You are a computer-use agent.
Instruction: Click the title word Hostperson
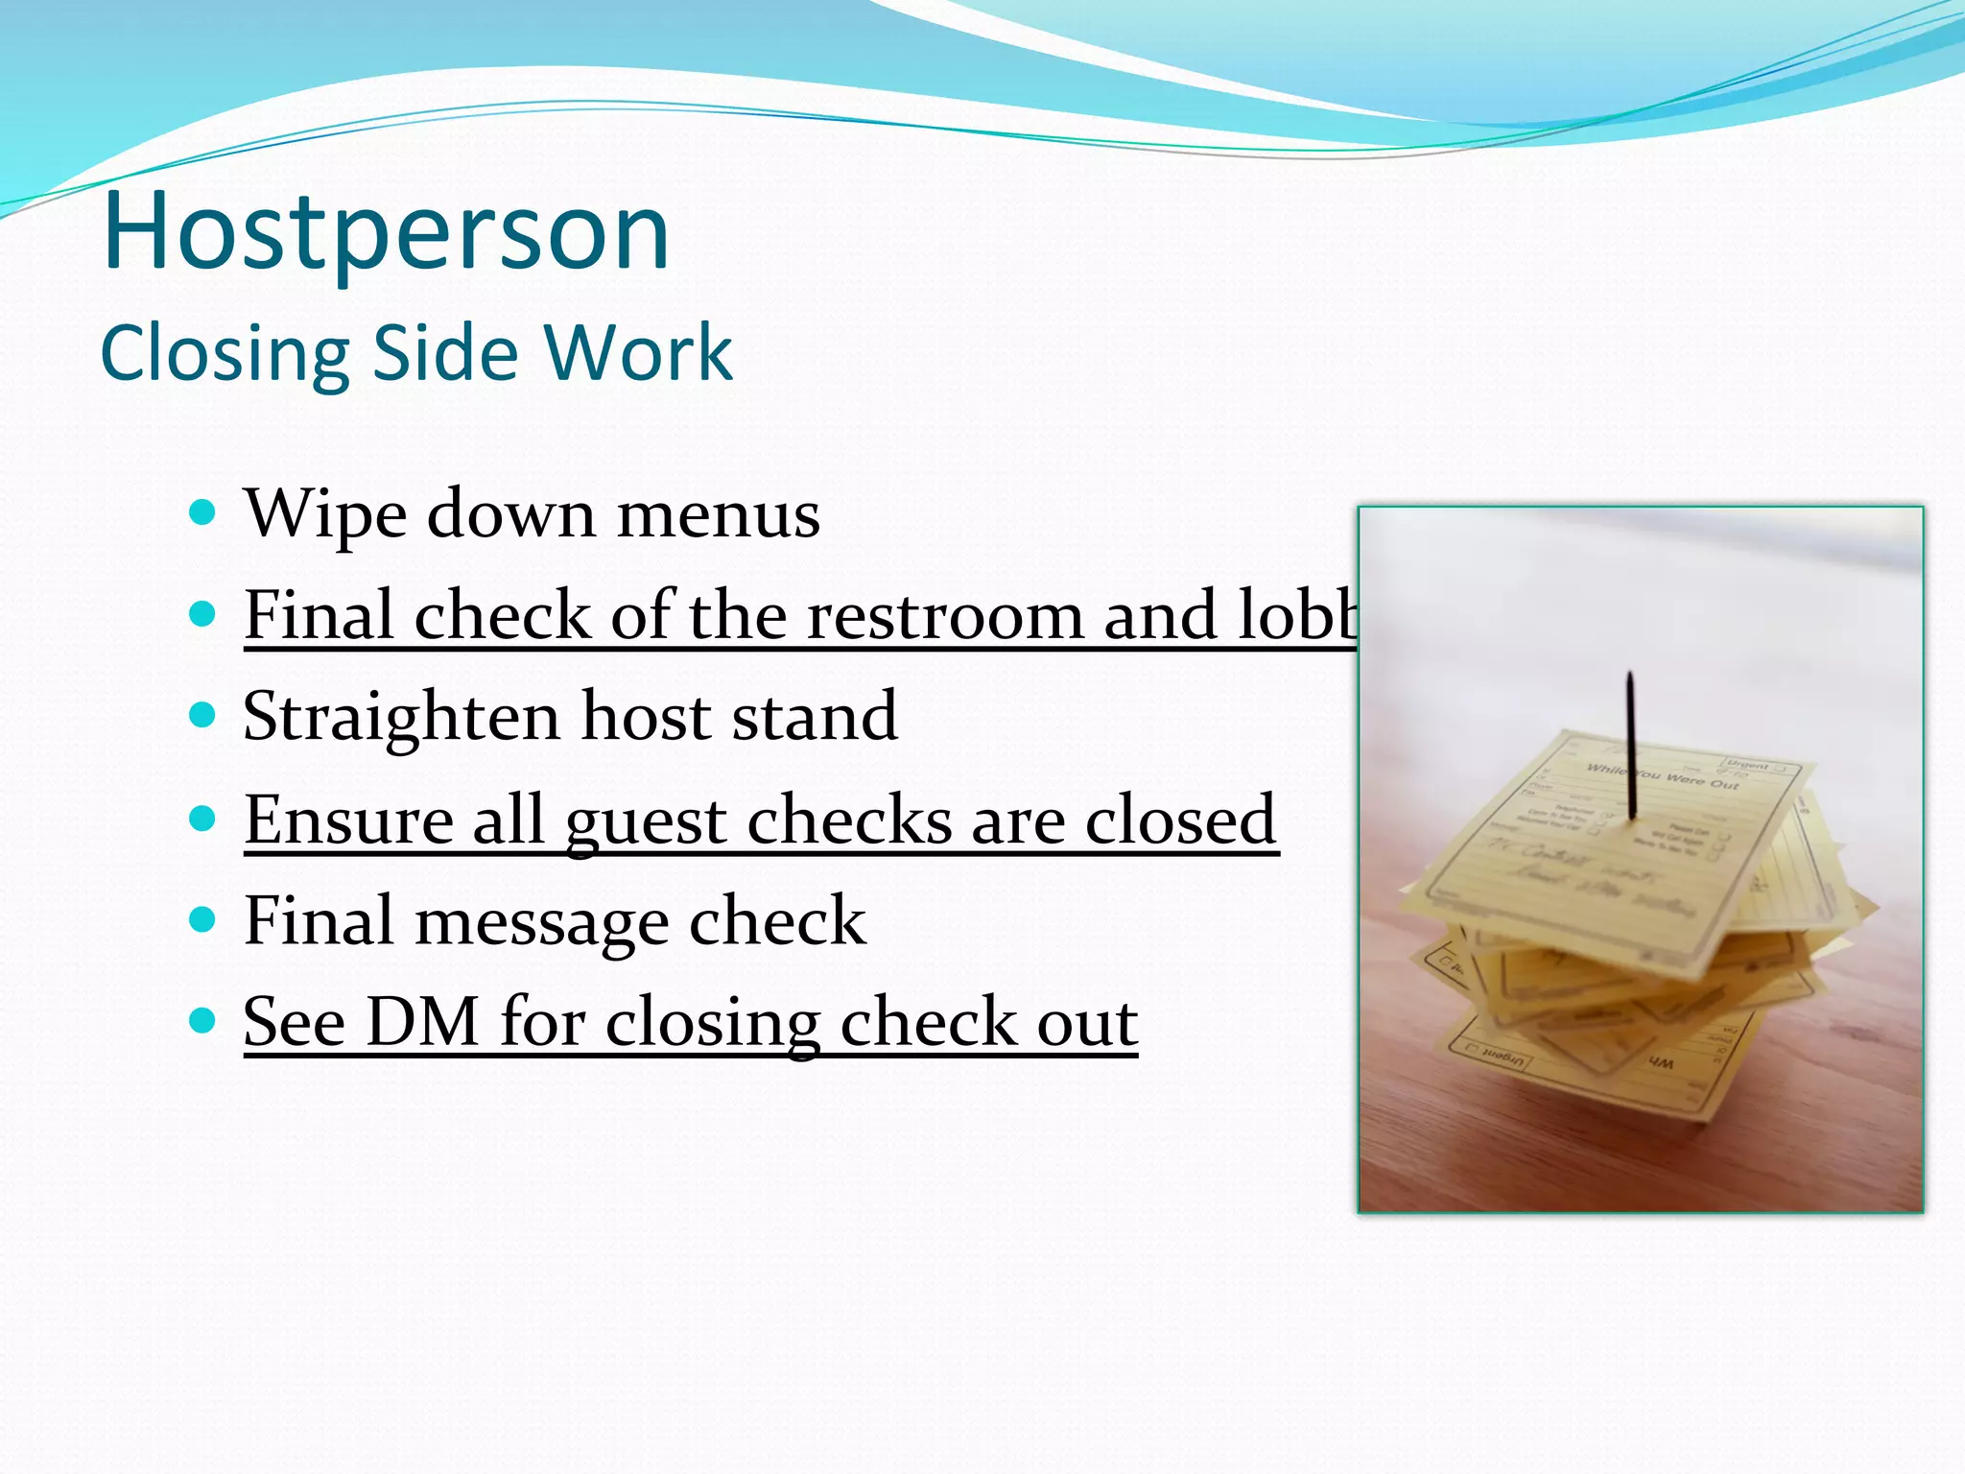click(x=386, y=232)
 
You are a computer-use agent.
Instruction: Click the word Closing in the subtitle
click(x=225, y=354)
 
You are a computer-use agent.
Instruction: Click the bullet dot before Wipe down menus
click(x=202, y=512)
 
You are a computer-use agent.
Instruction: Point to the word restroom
click(x=945, y=616)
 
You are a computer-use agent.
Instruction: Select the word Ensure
click(x=347, y=820)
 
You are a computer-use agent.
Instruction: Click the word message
click(x=541, y=921)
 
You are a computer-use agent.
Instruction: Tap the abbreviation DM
click(x=422, y=1022)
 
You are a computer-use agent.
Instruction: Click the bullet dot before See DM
click(x=202, y=1020)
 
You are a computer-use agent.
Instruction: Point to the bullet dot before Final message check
click(x=202, y=919)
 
